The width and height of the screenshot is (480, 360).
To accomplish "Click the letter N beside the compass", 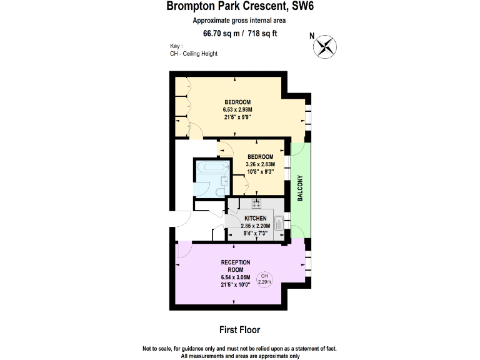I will pos(312,36).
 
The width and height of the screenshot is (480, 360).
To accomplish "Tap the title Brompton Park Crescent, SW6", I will pos(240,7).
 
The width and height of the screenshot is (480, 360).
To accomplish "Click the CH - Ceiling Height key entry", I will pos(193,54).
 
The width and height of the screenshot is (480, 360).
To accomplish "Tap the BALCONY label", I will pos(301,187).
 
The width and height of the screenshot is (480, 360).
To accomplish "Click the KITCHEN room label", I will pos(256,218).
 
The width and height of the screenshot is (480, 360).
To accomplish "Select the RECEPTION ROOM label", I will pos(236,266).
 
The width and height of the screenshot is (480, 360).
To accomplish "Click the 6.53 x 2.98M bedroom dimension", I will pos(237,109).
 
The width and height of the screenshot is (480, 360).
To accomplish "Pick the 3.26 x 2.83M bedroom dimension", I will pos(261,164).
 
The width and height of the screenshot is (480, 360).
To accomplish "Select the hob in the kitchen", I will pos(256,202).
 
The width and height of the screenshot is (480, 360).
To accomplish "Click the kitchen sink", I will pos(279,221).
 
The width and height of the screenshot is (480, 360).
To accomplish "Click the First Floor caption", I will pos(239,329).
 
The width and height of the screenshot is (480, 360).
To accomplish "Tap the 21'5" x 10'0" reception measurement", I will pos(236,285).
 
